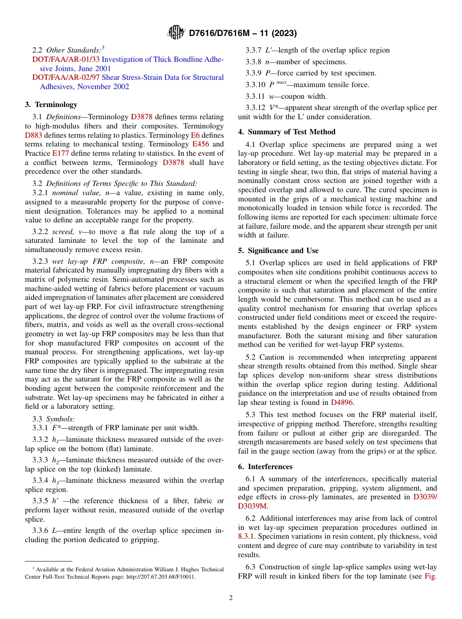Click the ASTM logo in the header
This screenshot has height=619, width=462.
tap(176, 33)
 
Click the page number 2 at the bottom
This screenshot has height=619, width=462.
tap(231, 598)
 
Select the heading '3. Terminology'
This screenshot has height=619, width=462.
tap(51, 105)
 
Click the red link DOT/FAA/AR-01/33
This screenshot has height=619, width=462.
tap(66, 59)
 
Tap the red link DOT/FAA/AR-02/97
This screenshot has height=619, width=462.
tap(66, 77)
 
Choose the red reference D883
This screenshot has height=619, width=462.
tap(33, 135)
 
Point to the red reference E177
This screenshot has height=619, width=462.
tap(61, 153)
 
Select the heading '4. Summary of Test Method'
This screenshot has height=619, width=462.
tap(286, 132)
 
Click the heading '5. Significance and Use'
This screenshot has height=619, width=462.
tap(278, 251)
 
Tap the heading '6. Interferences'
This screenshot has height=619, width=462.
tap(265, 467)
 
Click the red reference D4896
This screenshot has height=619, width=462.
tap(342, 402)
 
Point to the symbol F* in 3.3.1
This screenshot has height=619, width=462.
tap(56, 428)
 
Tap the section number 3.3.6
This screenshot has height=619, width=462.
tap(41, 530)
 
